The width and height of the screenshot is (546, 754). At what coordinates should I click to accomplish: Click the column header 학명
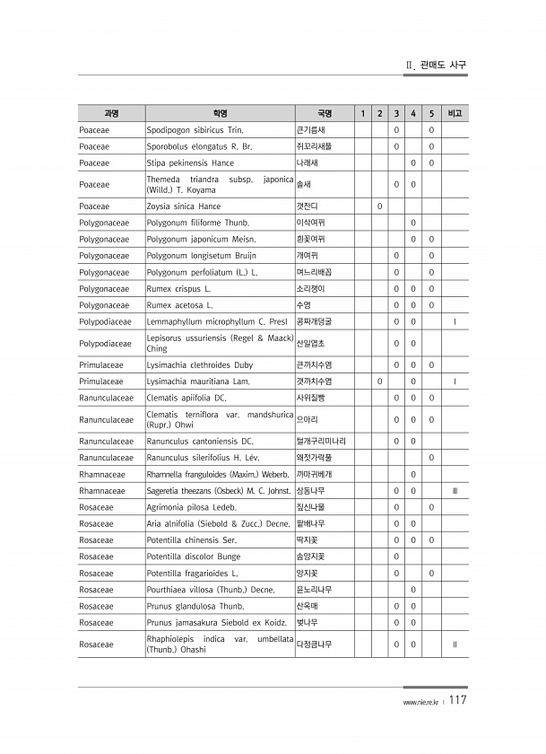pyautogui.click(x=220, y=113)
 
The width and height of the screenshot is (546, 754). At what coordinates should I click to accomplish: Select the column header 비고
pyautogui.click(x=455, y=113)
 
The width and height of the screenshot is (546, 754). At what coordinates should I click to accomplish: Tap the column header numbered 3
pyautogui.click(x=396, y=113)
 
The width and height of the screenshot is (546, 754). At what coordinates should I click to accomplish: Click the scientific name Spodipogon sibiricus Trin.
pyautogui.click(x=195, y=130)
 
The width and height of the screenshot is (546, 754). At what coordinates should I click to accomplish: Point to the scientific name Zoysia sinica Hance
pyautogui.click(x=183, y=206)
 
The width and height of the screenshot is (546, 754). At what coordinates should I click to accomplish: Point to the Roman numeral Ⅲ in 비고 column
pyautogui.click(x=455, y=490)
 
